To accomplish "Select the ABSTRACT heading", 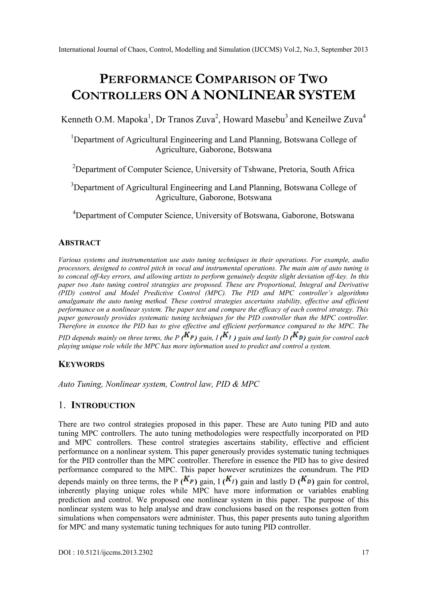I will coord(79,243).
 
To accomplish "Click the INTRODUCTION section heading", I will coord(103,405).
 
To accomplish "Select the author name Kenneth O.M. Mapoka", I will coord(104,120).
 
